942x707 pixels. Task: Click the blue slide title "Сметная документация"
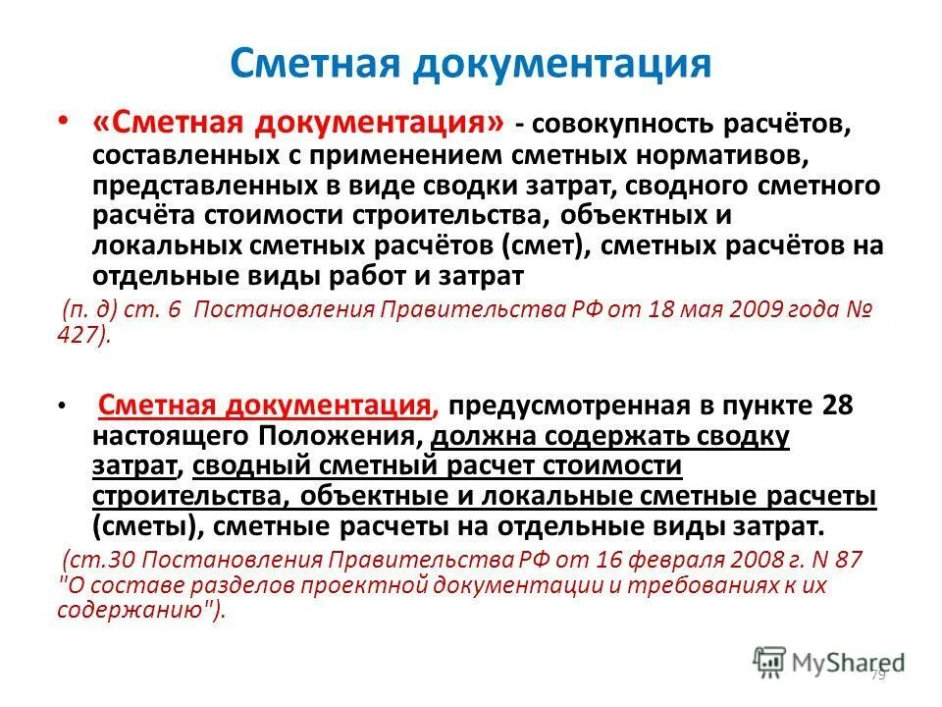(x=470, y=63)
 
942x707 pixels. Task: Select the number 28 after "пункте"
(x=847, y=405)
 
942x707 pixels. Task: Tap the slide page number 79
(x=876, y=677)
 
